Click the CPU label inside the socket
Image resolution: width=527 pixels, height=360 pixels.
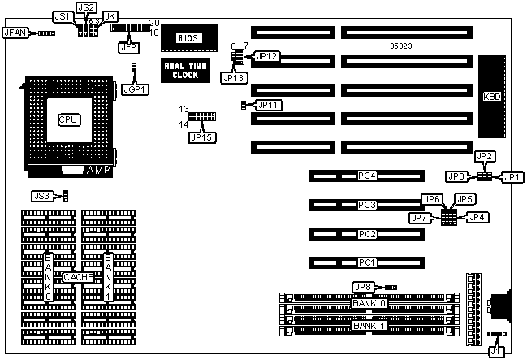[67, 119]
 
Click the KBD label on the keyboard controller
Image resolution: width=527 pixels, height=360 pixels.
[492, 97]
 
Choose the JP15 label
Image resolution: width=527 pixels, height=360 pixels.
[200, 137]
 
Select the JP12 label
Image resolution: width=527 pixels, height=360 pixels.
[267, 56]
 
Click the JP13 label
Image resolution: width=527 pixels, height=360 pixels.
[233, 77]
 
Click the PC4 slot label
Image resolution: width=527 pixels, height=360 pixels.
[367, 176]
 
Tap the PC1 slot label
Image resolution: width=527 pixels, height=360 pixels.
[367, 262]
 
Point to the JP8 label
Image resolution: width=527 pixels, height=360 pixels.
[363, 286]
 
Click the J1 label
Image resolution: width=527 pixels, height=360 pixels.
[495, 352]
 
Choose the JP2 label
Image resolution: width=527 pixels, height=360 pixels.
[485, 156]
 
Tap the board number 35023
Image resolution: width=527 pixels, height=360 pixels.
[401, 47]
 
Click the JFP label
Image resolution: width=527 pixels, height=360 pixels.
[128, 48]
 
